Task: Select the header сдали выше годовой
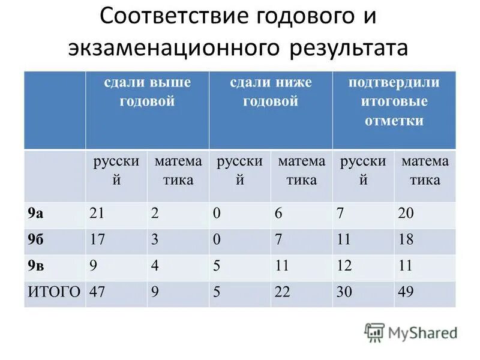[146, 91]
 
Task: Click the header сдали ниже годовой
[271, 91]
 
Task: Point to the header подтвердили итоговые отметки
[394, 101]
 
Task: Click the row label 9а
[35, 214]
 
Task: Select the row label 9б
[35, 239]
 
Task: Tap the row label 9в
[35, 266]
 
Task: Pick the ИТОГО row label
[54, 292]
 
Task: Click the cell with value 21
[97, 214]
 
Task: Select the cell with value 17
[97, 239]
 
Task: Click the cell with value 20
[406, 214]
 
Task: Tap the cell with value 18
[406, 239]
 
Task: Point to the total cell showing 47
[97, 292]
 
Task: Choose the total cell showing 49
[406, 292]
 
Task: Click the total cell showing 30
[344, 292]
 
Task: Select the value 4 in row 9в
[155, 266]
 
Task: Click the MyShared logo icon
[374, 332]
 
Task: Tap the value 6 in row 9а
[278, 214]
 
